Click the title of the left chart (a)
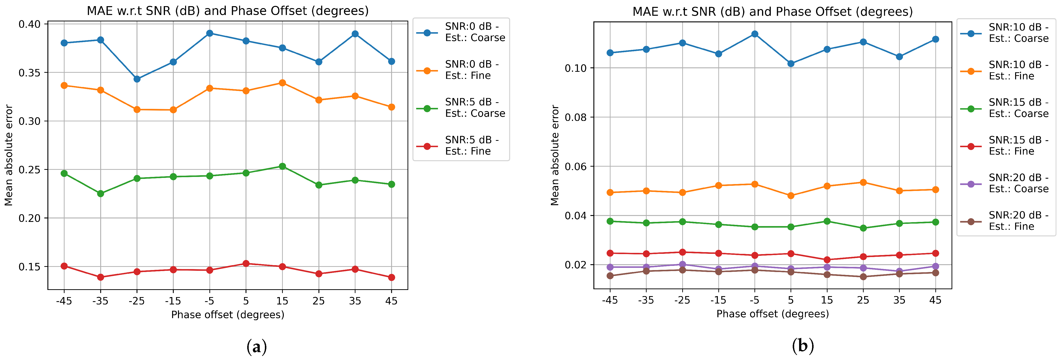(227, 11)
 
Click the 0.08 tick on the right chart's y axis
(576, 117)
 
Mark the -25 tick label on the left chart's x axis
(136, 301)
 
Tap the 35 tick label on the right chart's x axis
(899, 300)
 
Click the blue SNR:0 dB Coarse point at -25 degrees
(137, 79)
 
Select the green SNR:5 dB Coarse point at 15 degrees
(282, 166)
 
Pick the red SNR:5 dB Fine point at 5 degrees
(246, 263)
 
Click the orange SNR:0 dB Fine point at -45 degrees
(64, 86)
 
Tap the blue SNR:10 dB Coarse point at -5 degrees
(755, 34)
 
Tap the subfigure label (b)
(803, 346)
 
